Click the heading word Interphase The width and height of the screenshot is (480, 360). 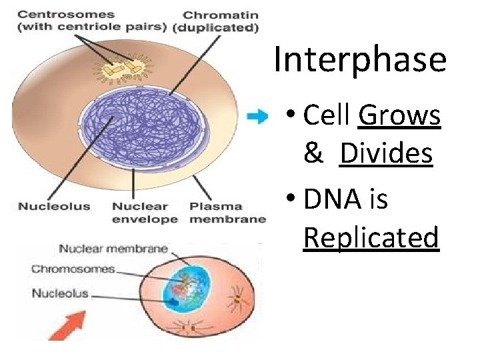[x=359, y=59]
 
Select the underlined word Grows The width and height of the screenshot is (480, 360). [x=399, y=115]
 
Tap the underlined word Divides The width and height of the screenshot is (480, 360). [x=386, y=154]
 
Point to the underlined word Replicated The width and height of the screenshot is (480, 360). [x=371, y=237]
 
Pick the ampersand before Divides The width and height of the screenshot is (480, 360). [x=313, y=154]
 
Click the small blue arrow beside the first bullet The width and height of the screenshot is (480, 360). [x=257, y=117]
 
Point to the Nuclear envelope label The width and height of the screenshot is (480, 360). [x=145, y=213]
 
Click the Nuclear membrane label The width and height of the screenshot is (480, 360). [x=113, y=249]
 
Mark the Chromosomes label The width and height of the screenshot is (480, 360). [x=73, y=269]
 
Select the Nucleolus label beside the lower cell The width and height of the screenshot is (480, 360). [x=60, y=293]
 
